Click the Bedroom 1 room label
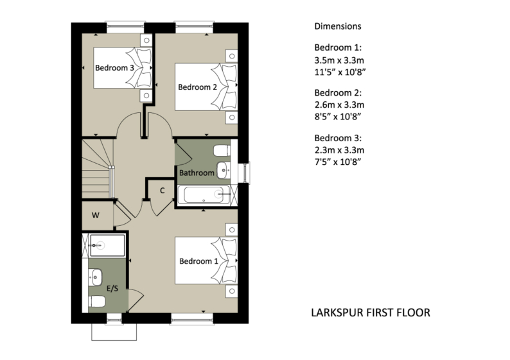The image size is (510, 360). (198, 262)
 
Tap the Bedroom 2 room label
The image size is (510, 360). (197, 87)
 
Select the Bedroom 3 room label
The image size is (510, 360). (114, 67)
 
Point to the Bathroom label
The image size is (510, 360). (197, 173)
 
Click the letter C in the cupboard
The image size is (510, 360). (163, 191)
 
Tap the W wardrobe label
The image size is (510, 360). (95, 215)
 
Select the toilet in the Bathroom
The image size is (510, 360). (220, 151)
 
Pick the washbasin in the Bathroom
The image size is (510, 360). (223, 169)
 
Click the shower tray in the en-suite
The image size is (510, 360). (106, 244)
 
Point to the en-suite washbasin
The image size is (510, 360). (96, 277)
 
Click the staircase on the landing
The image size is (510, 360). (97, 169)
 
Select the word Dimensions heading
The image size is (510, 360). (338, 27)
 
